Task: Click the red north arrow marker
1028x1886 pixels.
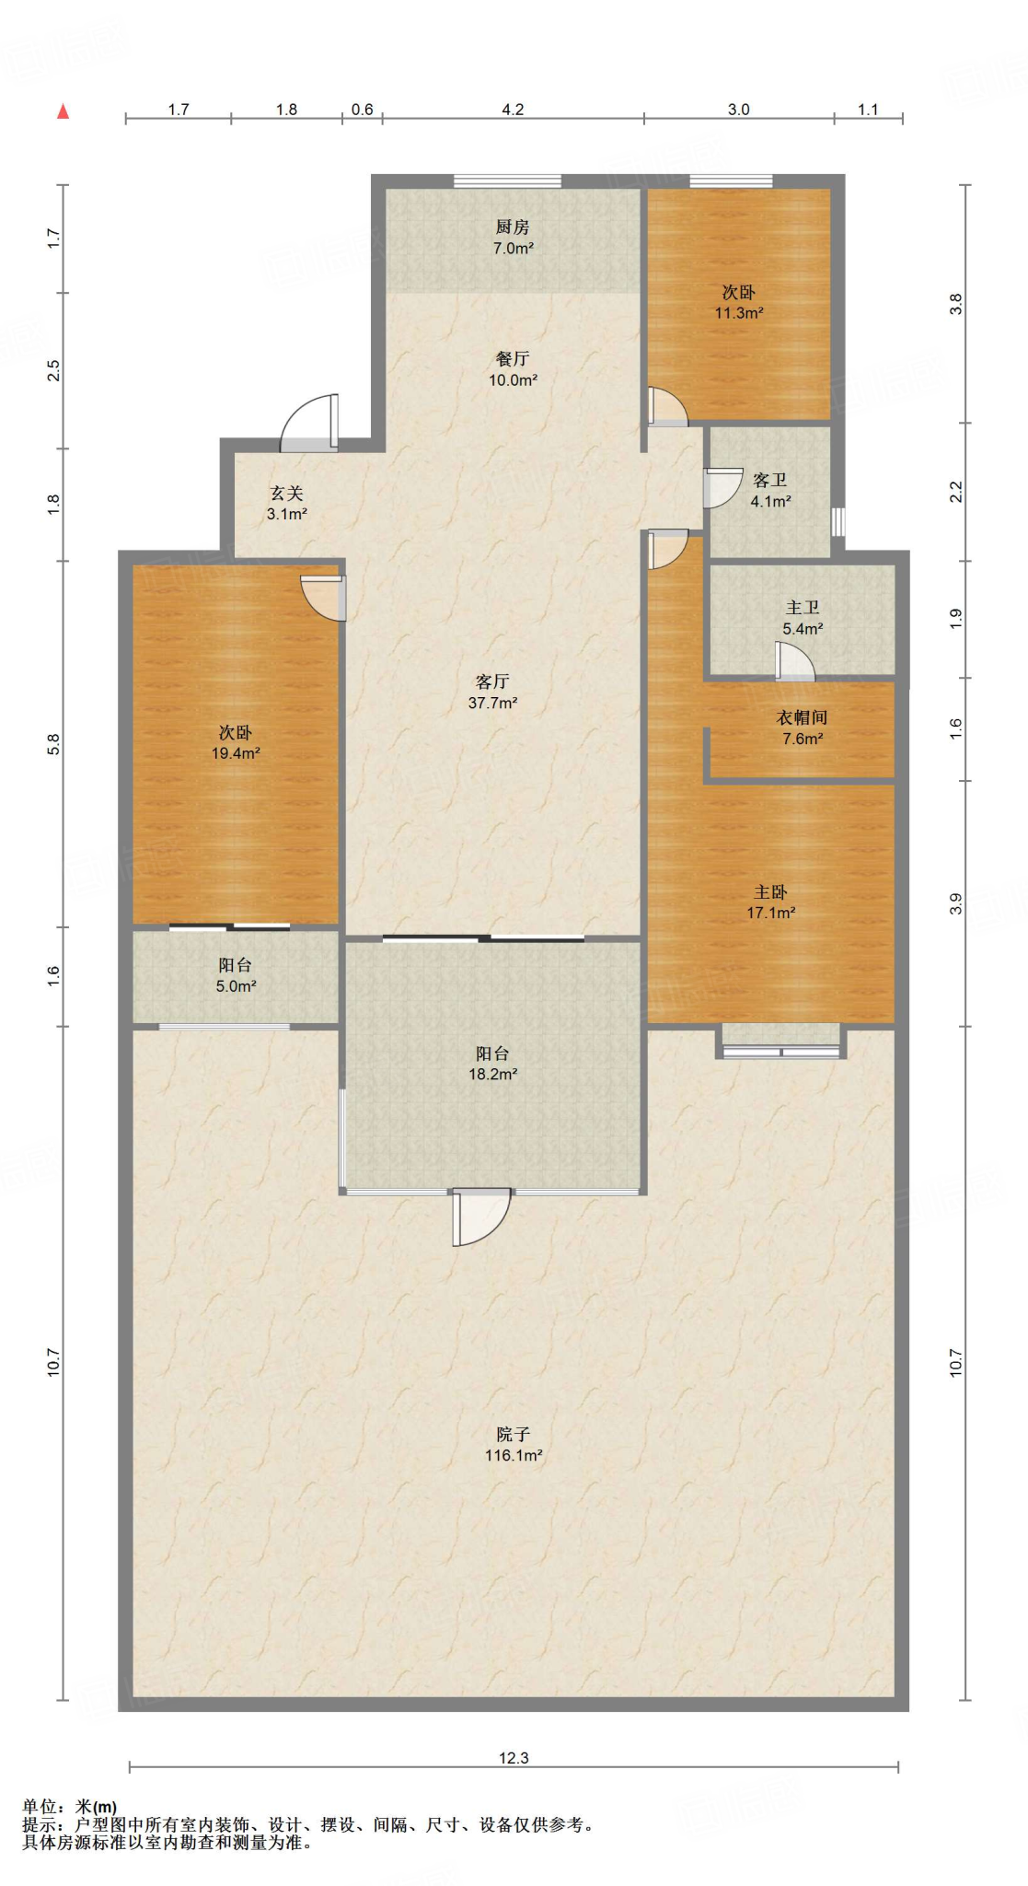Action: (x=64, y=112)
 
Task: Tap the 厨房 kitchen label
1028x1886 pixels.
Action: (x=513, y=237)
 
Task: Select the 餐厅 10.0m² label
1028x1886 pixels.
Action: (x=513, y=368)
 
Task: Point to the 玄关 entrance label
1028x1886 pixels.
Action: (x=286, y=503)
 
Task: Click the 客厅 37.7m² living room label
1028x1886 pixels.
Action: (x=492, y=692)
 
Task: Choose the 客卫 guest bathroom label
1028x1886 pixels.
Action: (x=770, y=490)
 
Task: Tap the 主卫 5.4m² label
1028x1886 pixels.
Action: (x=803, y=617)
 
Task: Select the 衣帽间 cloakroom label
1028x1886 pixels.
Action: (x=803, y=727)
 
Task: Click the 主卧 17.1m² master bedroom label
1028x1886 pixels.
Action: (x=770, y=902)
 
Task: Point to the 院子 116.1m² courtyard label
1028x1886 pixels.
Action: (x=513, y=1444)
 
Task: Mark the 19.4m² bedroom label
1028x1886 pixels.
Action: (x=236, y=742)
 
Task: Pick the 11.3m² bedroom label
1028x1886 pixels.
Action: (x=739, y=302)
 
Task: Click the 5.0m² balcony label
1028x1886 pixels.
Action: (x=236, y=975)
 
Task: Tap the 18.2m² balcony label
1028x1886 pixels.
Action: (x=492, y=1064)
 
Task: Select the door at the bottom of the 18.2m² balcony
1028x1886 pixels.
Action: (x=479, y=1217)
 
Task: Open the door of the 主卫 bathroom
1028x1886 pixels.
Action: (x=795, y=661)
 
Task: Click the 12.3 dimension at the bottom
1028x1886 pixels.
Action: (x=514, y=1757)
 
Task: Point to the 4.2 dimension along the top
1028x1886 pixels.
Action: (x=513, y=110)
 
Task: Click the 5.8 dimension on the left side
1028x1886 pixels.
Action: (x=53, y=744)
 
